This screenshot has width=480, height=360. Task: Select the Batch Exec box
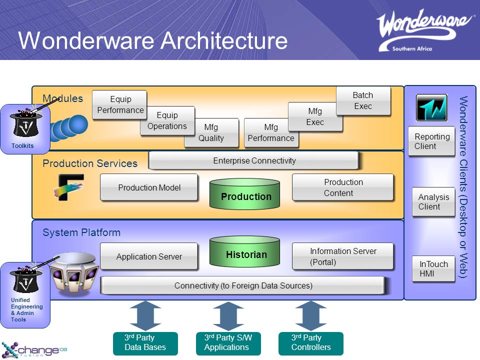pyautogui.click(x=362, y=100)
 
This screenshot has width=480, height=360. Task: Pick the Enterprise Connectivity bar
pyautogui.click(x=254, y=160)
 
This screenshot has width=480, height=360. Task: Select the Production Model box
pyautogui.click(x=149, y=187)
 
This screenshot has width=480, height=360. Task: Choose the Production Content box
pyautogui.click(x=343, y=187)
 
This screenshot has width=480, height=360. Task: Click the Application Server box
pyautogui.click(x=149, y=256)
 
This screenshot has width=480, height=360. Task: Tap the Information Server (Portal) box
pyautogui.click(x=343, y=256)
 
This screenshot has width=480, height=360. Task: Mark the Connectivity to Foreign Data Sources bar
pyautogui.click(x=243, y=285)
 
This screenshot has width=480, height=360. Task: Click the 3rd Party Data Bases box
pyautogui.click(x=145, y=343)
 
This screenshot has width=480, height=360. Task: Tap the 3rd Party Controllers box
pyautogui.click(x=311, y=343)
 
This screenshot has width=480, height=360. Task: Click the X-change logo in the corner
pyautogui.click(x=34, y=349)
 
